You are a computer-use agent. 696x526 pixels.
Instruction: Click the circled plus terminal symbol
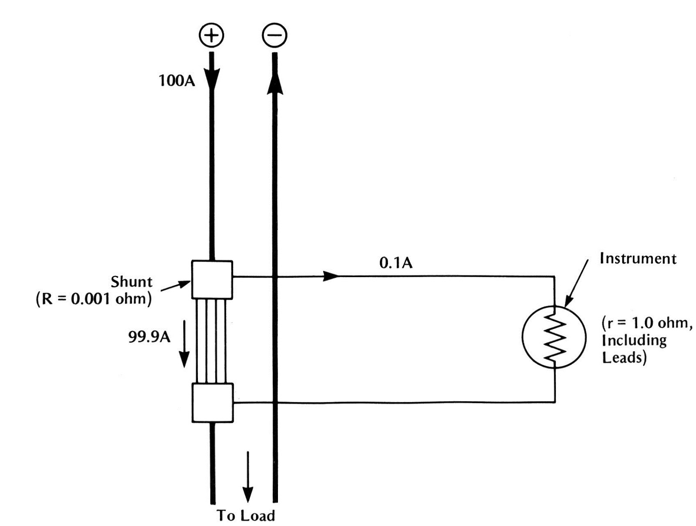tap(211, 35)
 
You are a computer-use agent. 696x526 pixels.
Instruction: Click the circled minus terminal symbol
tap(274, 35)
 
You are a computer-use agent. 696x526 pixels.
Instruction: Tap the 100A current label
tap(177, 81)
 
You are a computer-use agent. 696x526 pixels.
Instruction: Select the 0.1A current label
tap(395, 263)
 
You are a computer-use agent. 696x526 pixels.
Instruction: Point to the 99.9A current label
tap(149, 337)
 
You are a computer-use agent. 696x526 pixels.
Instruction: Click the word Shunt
tap(131, 282)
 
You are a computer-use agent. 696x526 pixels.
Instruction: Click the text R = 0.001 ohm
tap(94, 300)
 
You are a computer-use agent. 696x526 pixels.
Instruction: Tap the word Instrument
tap(638, 258)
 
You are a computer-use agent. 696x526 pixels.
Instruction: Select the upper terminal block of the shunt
tap(212, 280)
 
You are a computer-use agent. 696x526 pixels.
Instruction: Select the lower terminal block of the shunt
tap(212, 403)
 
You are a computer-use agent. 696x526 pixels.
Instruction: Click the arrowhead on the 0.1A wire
tap(331, 276)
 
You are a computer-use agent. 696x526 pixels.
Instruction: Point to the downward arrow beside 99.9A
tap(184, 344)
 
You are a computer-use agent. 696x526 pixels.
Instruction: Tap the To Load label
tap(246, 516)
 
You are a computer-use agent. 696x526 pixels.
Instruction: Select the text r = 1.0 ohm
tap(646, 323)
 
